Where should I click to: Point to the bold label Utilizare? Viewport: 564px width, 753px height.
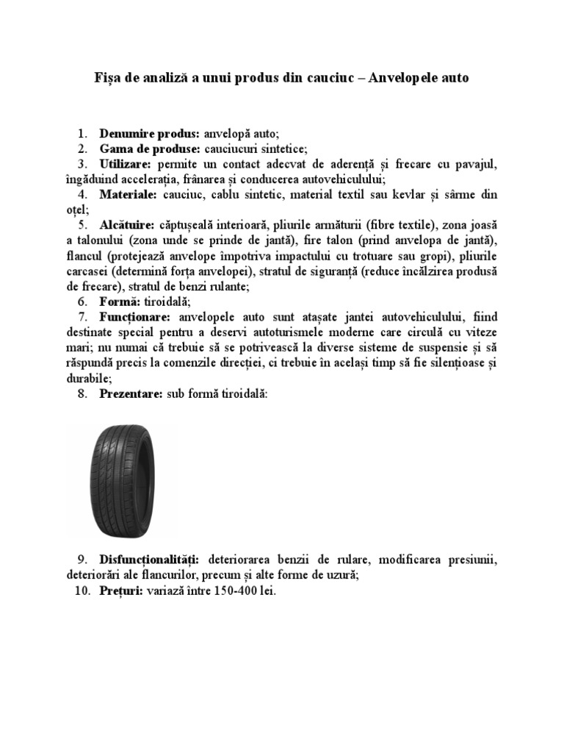(126, 163)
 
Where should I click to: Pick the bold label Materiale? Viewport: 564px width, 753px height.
(129, 194)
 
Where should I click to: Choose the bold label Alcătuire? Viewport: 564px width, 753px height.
(127, 224)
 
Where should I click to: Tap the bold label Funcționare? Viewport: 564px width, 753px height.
(136, 317)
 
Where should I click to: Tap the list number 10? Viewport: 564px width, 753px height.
(82, 590)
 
